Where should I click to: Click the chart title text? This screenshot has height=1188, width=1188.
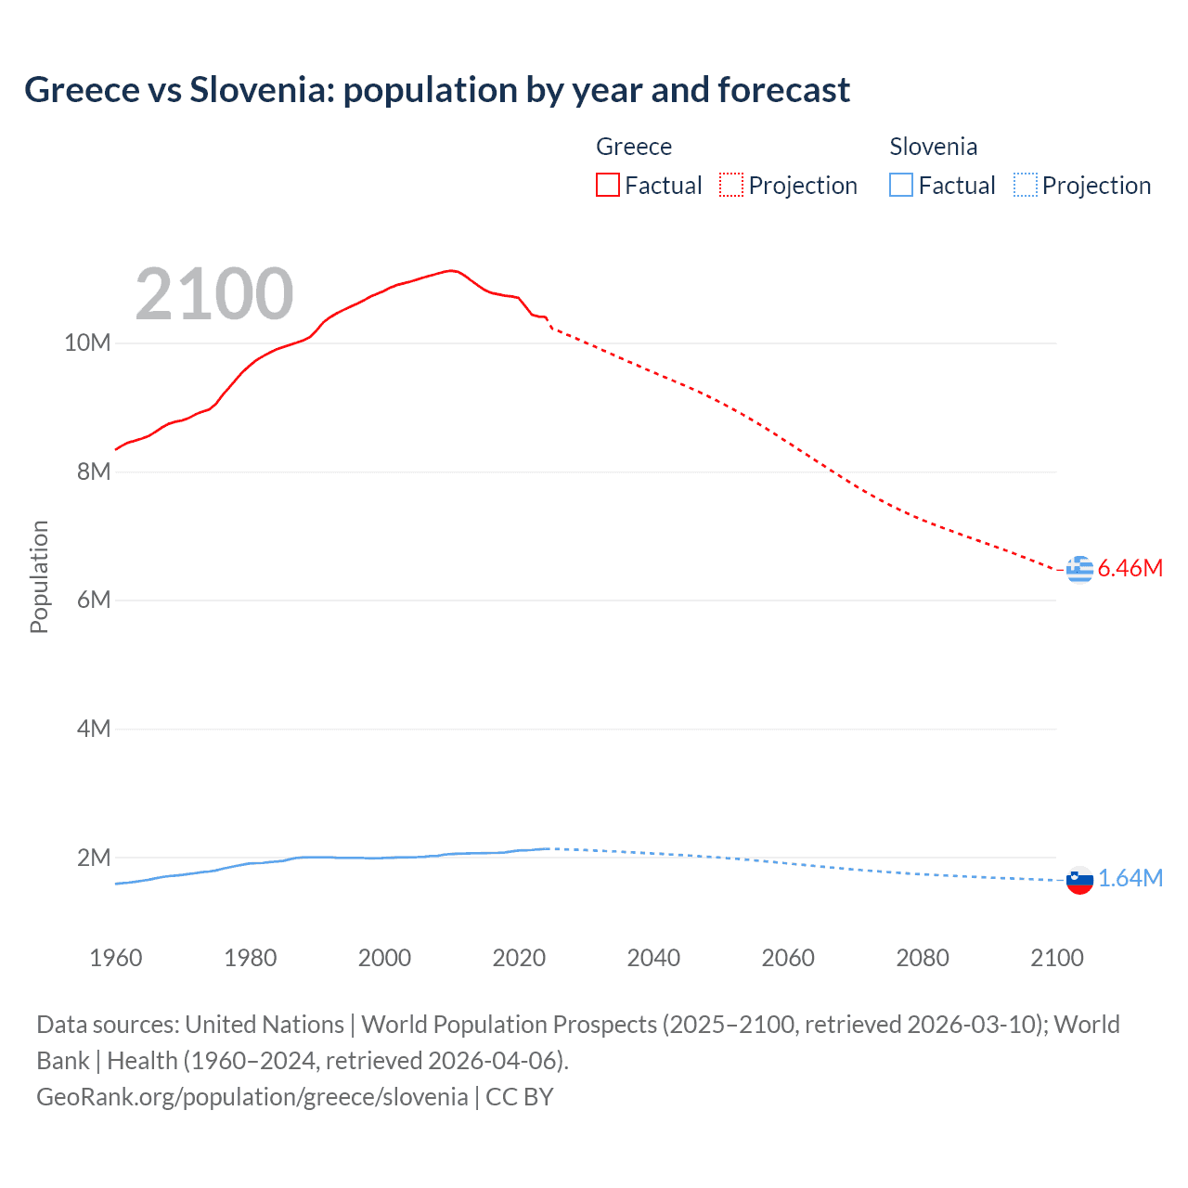(x=436, y=90)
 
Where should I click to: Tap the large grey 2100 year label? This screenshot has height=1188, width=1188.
(x=214, y=294)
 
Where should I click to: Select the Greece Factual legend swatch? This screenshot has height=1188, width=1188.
(x=607, y=185)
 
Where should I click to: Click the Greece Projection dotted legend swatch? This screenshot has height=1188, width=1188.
(x=730, y=185)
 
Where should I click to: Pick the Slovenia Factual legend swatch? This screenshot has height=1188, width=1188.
(x=900, y=185)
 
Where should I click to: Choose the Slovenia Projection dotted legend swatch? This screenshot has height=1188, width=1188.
(x=1025, y=185)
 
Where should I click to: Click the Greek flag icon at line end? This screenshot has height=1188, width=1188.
(x=1079, y=569)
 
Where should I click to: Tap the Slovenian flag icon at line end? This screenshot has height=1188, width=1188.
(x=1079, y=880)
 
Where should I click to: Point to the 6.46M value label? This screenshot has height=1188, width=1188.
(x=1130, y=569)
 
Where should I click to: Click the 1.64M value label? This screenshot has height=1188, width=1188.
(x=1130, y=879)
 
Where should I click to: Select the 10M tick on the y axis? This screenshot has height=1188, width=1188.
(x=87, y=343)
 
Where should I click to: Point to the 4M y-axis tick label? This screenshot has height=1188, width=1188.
(x=93, y=730)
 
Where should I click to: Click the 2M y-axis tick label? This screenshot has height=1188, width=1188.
(x=93, y=858)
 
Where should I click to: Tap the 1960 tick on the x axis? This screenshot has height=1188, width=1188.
(x=116, y=958)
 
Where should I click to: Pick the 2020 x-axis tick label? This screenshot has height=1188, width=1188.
(x=519, y=958)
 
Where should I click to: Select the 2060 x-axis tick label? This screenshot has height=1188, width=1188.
(x=788, y=958)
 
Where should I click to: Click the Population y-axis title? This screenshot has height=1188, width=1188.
(x=39, y=576)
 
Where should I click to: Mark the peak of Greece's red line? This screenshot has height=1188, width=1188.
(x=451, y=270)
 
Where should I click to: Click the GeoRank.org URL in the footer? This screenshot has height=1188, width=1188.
(x=252, y=1097)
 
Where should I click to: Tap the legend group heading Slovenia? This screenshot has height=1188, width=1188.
(x=933, y=147)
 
